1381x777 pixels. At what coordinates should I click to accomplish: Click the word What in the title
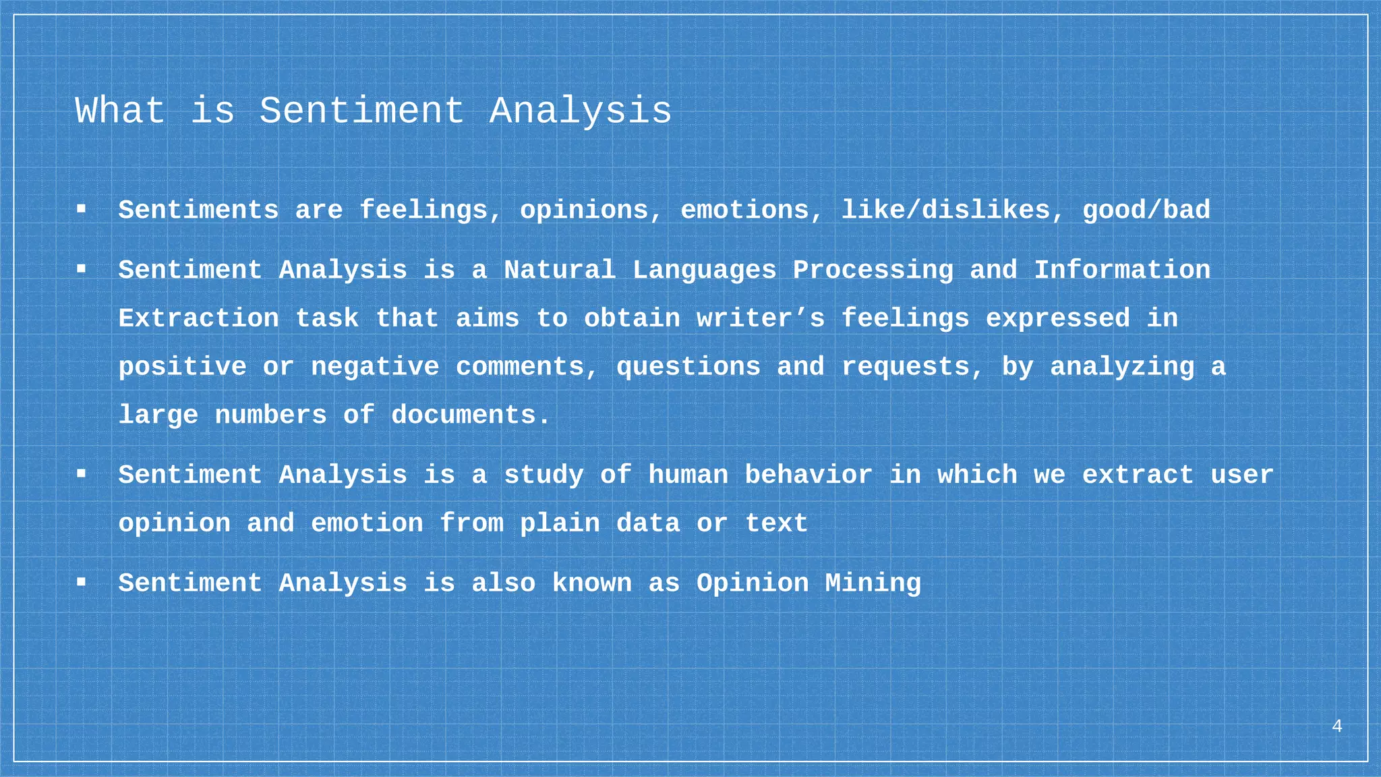pos(120,111)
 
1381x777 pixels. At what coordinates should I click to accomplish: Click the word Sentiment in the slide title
pos(362,111)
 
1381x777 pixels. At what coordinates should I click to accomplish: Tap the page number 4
pos(1336,726)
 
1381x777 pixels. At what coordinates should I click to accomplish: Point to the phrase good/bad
pos(1146,210)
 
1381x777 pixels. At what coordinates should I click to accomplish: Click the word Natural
pos(560,270)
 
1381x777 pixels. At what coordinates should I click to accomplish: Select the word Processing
pos(873,270)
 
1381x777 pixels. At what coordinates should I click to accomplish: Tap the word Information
pos(1121,270)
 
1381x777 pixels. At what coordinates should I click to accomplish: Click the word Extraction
pos(198,318)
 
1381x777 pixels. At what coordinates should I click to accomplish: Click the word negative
pos(375,367)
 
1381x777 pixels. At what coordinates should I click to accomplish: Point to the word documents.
pos(471,415)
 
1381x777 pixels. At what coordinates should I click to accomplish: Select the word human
pos(688,476)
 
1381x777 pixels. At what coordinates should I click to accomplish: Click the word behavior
pos(808,476)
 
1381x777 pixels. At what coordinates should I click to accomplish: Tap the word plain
pos(559,523)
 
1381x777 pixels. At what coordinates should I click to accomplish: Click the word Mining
pos(873,583)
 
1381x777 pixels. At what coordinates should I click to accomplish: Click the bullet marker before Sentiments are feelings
pos(81,210)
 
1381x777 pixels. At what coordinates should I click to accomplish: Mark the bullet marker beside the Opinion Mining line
pos(81,582)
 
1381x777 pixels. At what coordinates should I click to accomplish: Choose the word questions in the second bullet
pos(688,367)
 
